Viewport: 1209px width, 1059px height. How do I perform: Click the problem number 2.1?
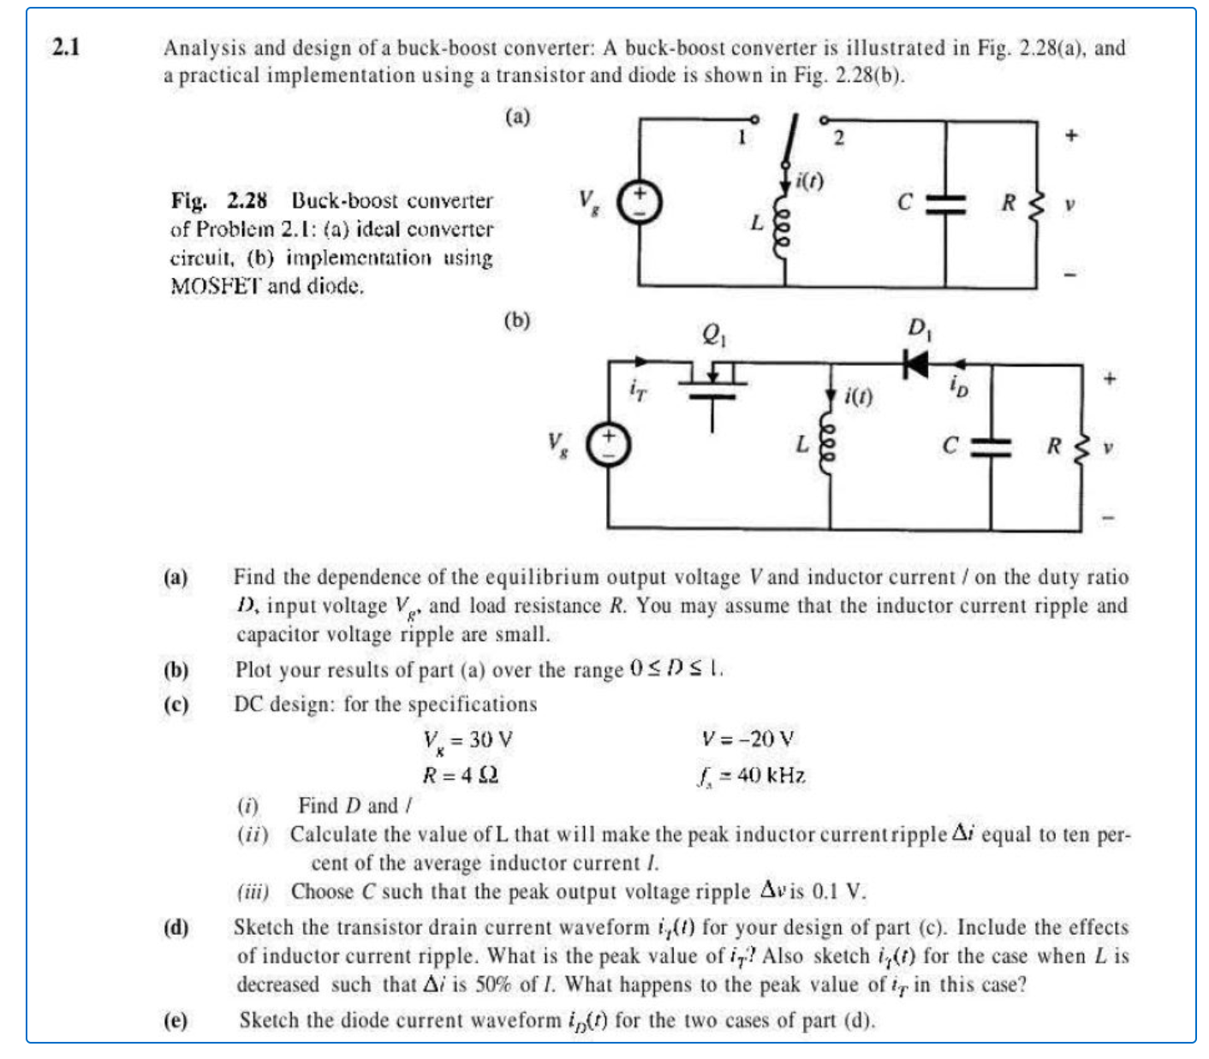66,47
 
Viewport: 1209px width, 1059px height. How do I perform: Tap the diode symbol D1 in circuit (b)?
915,364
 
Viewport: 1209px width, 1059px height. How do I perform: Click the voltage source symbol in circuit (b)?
608,445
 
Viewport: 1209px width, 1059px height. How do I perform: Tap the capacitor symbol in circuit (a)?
945,203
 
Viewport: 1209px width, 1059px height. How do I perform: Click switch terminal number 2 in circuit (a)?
838,138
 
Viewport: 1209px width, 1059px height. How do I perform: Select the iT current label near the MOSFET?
638,392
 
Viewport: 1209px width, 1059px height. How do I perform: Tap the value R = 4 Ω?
461,776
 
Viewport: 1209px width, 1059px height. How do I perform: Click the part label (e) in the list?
176,1020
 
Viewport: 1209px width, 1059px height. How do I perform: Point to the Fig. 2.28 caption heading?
219,201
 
